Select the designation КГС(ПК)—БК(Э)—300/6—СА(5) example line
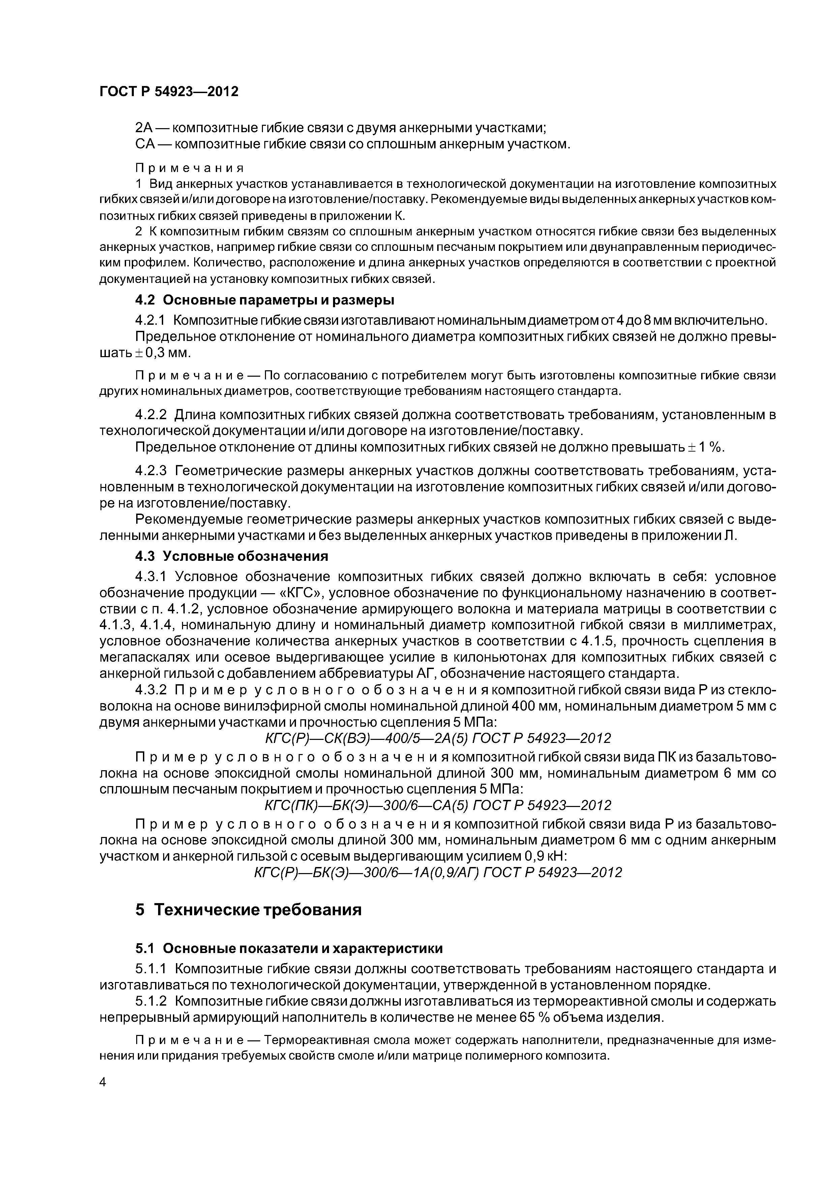pos(437,805)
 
